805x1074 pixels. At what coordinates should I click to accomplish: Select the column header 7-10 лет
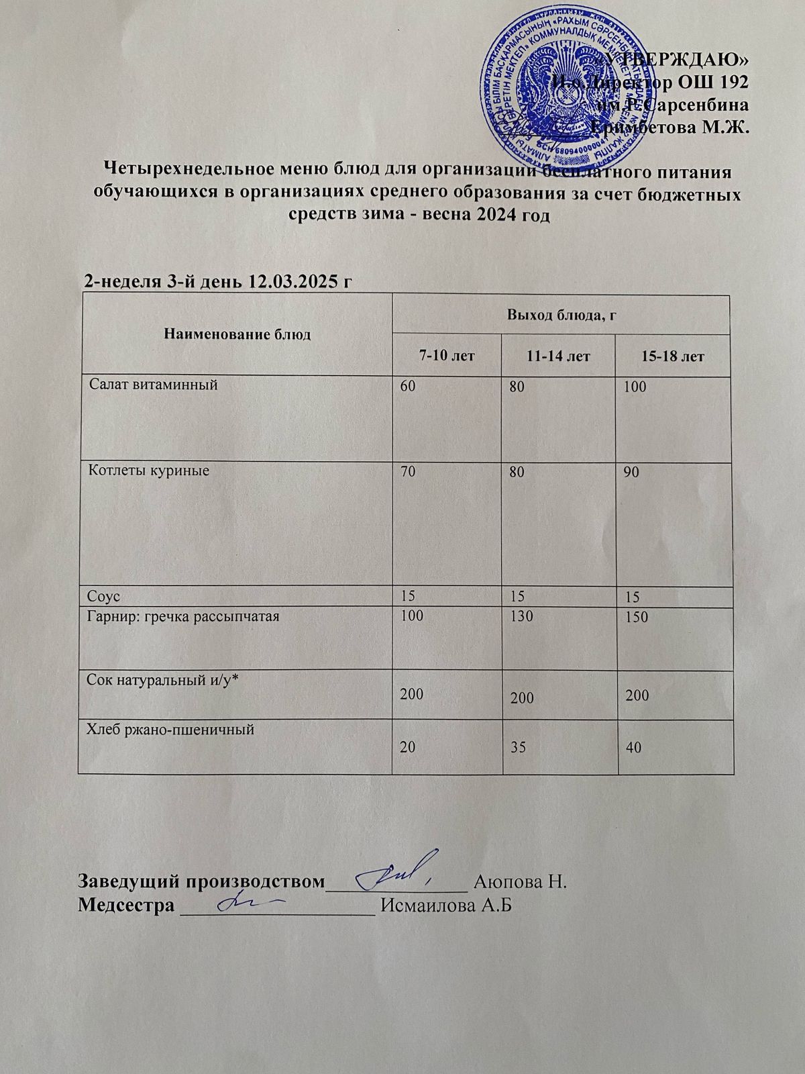pyautogui.click(x=447, y=356)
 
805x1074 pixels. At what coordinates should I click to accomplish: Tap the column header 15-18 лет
pyautogui.click(x=672, y=356)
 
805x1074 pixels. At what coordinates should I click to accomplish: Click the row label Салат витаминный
pyautogui.click(x=155, y=385)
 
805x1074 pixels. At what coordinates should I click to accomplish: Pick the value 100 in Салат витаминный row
pyautogui.click(x=631, y=387)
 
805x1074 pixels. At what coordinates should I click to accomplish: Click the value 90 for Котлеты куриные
pyautogui.click(x=631, y=472)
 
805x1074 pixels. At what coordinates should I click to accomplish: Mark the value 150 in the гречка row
pyautogui.click(x=635, y=616)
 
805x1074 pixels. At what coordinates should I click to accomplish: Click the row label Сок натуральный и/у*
pyautogui.click(x=164, y=680)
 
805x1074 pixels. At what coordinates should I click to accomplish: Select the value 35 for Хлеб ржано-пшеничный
pyautogui.click(x=517, y=746)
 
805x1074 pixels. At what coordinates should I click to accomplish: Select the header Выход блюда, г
pyautogui.click(x=561, y=313)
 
